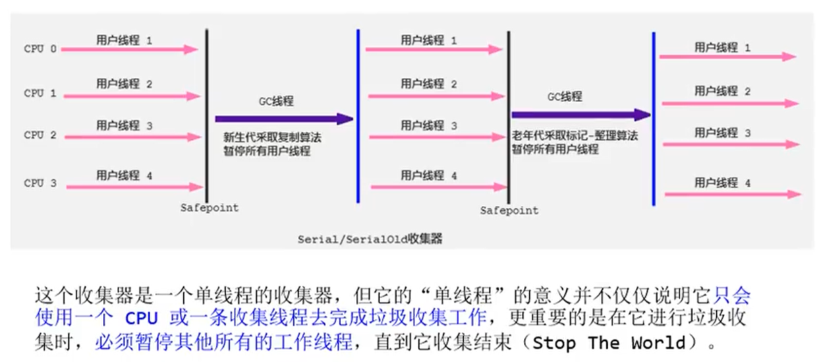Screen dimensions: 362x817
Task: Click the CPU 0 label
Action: tap(40, 49)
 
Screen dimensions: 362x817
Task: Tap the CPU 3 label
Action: tap(40, 183)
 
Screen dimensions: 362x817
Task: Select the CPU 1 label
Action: tap(40, 93)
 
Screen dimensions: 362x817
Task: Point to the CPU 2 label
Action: tap(40, 135)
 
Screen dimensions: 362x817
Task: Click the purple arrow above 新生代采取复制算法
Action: tap(284, 119)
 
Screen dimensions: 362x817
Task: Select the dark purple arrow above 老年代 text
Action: tap(581, 115)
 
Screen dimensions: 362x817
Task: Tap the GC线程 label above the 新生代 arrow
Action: tap(277, 101)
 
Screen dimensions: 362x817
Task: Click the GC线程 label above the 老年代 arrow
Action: tap(564, 96)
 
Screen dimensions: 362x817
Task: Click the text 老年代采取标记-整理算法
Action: tap(574, 135)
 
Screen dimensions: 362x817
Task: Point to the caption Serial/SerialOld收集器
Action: tap(370, 239)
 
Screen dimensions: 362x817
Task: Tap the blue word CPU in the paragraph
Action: tap(140, 318)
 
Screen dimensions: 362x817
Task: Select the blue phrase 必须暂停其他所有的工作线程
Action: tap(223, 342)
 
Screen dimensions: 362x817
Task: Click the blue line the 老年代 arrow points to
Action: tap(653, 119)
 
